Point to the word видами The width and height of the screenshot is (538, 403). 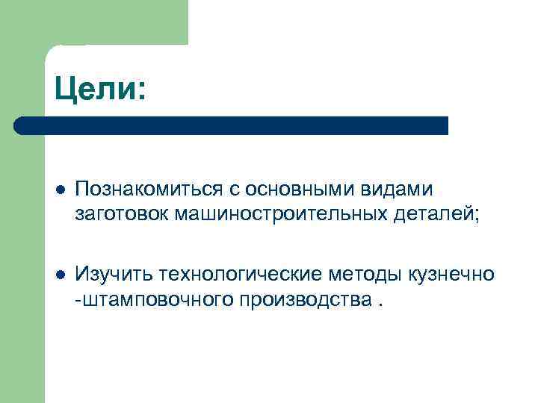398,192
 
